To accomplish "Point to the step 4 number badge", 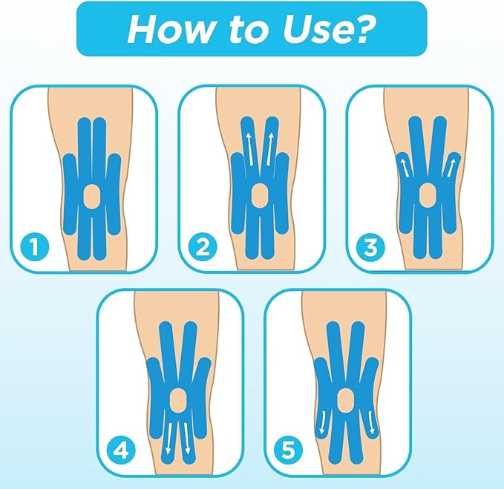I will (x=120, y=450).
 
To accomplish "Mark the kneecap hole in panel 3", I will (x=428, y=197).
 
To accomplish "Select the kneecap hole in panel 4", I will (x=177, y=400).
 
